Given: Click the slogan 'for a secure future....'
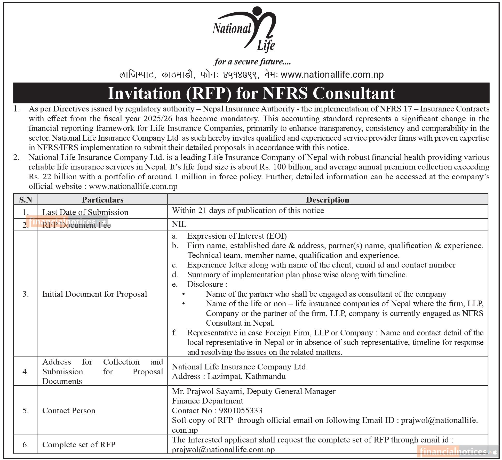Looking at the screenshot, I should tap(252, 62).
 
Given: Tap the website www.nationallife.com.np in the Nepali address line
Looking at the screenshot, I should tap(332, 75).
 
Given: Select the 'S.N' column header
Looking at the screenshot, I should tap(26, 200).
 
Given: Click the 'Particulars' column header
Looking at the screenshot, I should tap(103, 200).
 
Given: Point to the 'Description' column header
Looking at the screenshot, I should tap(328, 200).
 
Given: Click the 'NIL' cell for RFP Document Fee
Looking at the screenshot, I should tap(179, 224).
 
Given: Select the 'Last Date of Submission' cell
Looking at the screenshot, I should tap(85, 212).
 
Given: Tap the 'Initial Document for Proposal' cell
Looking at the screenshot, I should tap(94, 294).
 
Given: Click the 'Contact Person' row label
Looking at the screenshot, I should tap(69, 410).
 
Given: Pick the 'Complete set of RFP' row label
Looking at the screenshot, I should tap(79, 445).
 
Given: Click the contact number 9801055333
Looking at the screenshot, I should tap(240, 410).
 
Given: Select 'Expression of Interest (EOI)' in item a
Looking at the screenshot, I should tap(237, 236).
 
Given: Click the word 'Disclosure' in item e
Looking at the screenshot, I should tap(205, 284).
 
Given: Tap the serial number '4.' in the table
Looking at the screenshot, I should tap(26, 372).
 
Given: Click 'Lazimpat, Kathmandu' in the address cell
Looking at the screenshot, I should tap(246, 376).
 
